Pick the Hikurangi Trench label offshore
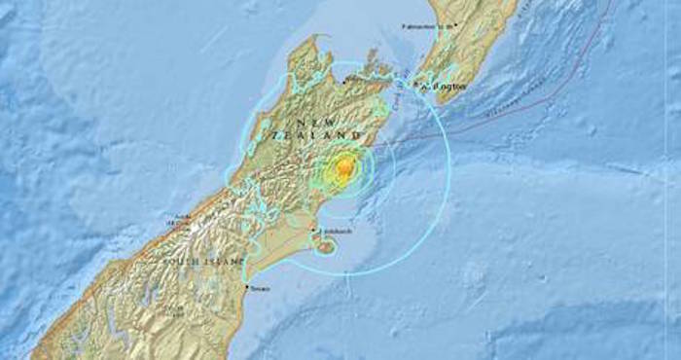[506, 104]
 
